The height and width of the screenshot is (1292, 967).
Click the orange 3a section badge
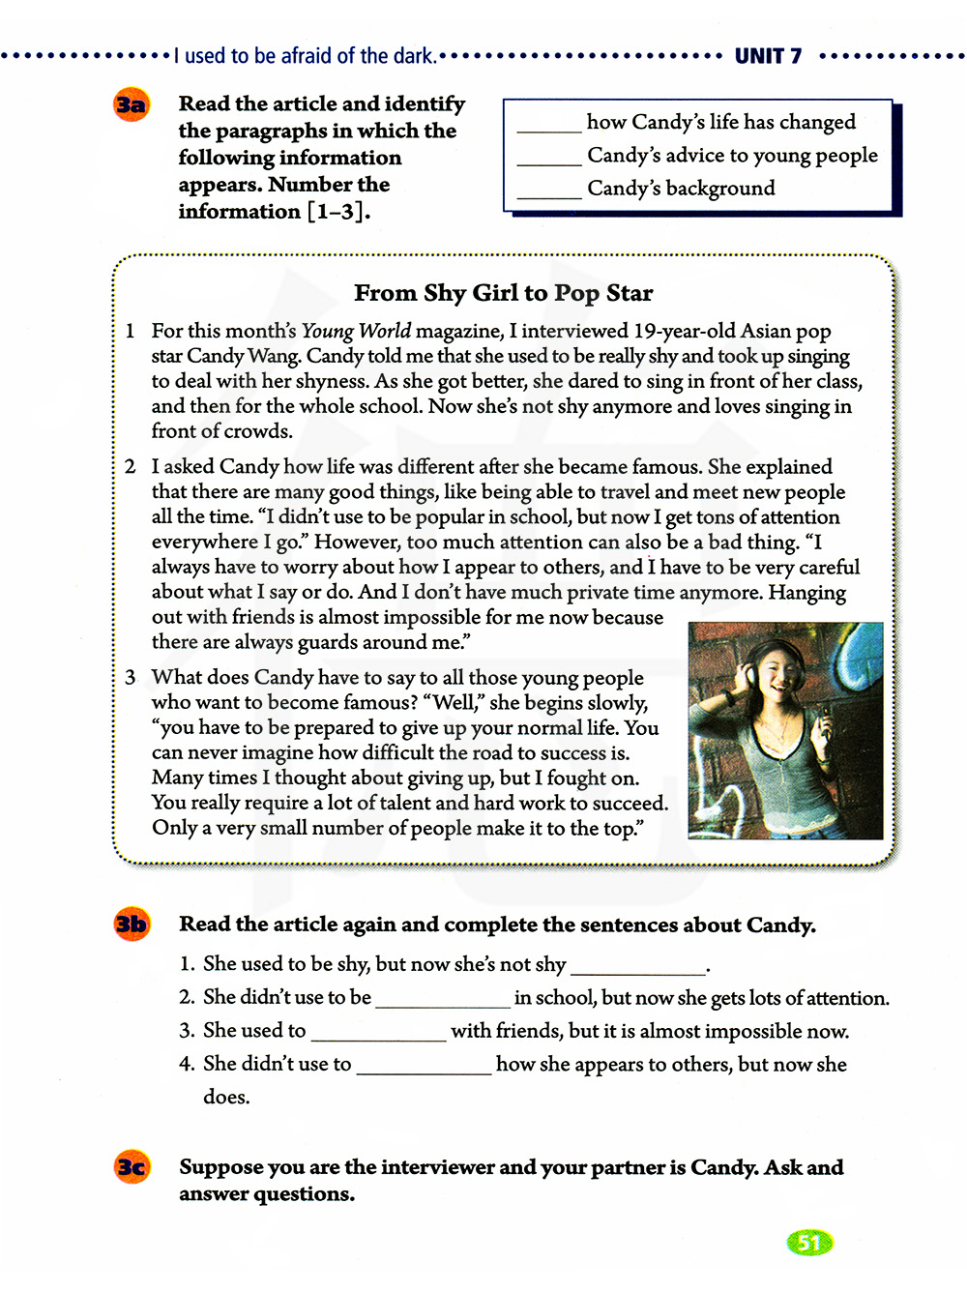point(131,104)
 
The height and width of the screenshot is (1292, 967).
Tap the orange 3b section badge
point(132,925)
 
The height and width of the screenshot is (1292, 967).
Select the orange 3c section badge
point(132,1167)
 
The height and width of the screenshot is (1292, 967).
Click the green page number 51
point(809,1243)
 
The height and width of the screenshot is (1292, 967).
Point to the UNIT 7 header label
point(768,56)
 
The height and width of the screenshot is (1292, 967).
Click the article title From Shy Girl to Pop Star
point(503,293)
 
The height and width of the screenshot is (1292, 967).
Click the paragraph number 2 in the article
point(131,467)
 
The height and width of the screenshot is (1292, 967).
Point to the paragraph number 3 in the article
point(131,678)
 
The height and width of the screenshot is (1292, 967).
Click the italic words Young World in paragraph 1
point(356,331)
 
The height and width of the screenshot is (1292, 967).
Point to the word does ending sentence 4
point(226,1097)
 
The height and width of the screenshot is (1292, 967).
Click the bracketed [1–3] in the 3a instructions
point(337,212)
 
